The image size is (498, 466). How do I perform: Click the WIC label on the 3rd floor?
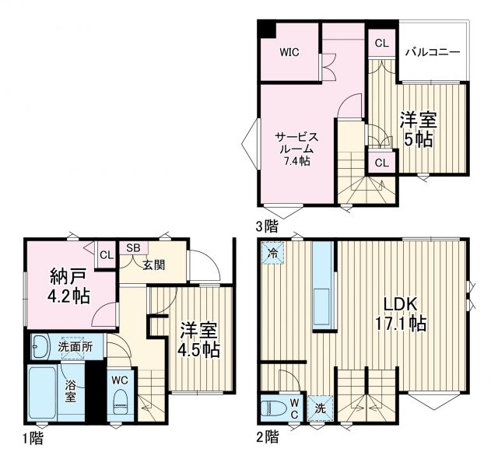click(290, 52)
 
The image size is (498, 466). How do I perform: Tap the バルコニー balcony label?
click(433, 52)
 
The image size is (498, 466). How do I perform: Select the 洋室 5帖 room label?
click(418, 129)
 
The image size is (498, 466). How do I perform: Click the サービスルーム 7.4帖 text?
click(296, 148)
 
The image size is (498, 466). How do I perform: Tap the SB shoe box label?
click(133, 248)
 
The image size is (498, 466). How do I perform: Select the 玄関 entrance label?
click(153, 265)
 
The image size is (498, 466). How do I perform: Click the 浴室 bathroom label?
click(71, 391)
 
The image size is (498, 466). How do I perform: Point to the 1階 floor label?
click(32, 439)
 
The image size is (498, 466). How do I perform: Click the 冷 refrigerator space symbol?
click(272, 253)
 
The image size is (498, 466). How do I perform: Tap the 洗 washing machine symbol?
click(321, 408)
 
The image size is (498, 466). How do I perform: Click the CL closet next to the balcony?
click(381, 43)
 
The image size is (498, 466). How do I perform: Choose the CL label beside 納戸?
click(105, 255)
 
